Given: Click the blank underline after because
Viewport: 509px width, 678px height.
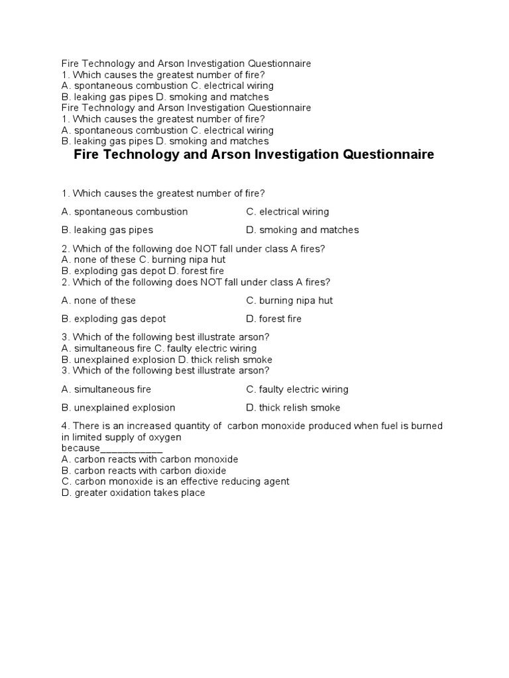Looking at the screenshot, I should [131, 448].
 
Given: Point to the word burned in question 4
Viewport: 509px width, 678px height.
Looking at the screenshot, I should [427, 426].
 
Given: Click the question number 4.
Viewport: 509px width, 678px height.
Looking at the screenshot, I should [64, 426].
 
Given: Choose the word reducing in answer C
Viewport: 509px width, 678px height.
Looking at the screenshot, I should [239, 481].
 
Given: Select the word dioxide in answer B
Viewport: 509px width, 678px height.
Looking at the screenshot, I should [208, 470].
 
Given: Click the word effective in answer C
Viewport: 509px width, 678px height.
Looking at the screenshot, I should [196, 481].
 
